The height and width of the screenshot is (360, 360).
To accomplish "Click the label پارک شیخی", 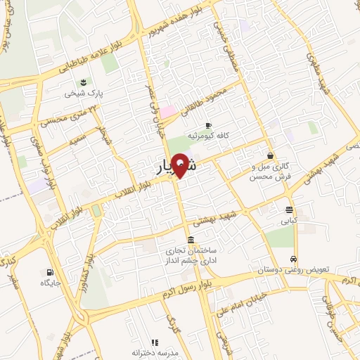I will click(x=84, y=93).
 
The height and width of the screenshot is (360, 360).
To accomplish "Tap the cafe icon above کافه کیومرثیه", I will click(x=208, y=125).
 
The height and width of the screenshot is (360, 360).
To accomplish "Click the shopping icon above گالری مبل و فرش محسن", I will click(x=270, y=156).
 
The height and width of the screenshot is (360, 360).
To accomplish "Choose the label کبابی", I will click(x=290, y=220).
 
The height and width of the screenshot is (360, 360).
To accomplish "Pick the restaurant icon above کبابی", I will click(x=290, y=210).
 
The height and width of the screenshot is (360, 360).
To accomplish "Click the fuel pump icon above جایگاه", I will click(x=49, y=272).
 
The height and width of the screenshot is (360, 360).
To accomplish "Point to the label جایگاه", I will click(x=50, y=283).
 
